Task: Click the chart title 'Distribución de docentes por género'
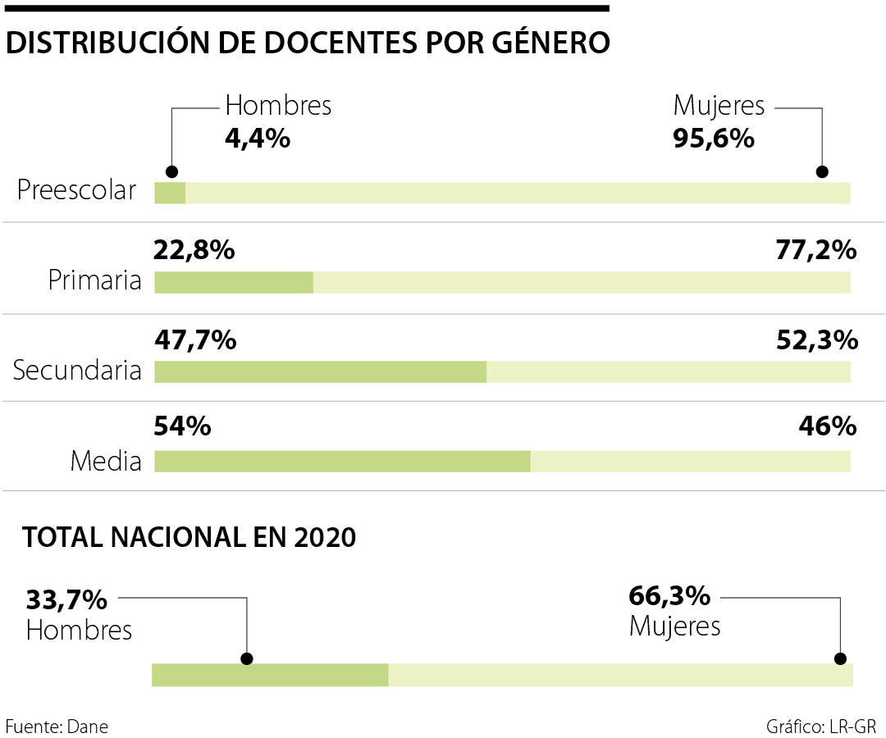pyautogui.click(x=308, y=43)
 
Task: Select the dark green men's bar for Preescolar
pyautogui.click(x=170, y=193)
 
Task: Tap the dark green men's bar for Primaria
pyautogui.click(x=234, y=282)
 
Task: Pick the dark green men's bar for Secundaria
pyautogui.click(x=320, y=371)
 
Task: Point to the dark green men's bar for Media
pyautogui.click(x=342, y=461)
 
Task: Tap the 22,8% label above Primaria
pyautogui.click(x=194, y=250)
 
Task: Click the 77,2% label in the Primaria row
pyautogui.click(x=816, y=250)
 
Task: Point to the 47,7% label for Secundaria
pyautogui.click(x=195, y=339)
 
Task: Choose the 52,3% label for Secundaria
pyautogui.click(x=816, y=339)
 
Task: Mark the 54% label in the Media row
pyautogui.click(x=183, y=426)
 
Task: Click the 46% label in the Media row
pyautogui.click(x=827, y=426)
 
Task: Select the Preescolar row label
pyautogui.click(x=76, y=191)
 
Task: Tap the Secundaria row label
pyautogui.click(x=77, y=371)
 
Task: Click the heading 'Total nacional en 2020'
pyautogui.click(x=190, y=538)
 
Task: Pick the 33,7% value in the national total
pyautogui.click(x=66, y=599)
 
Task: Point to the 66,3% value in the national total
pyautogui.click(x=669, y=595)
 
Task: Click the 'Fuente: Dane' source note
pyautogui.click(x=57, y=726)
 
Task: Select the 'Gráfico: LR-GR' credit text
pyautogui.click(x=821, y=726)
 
